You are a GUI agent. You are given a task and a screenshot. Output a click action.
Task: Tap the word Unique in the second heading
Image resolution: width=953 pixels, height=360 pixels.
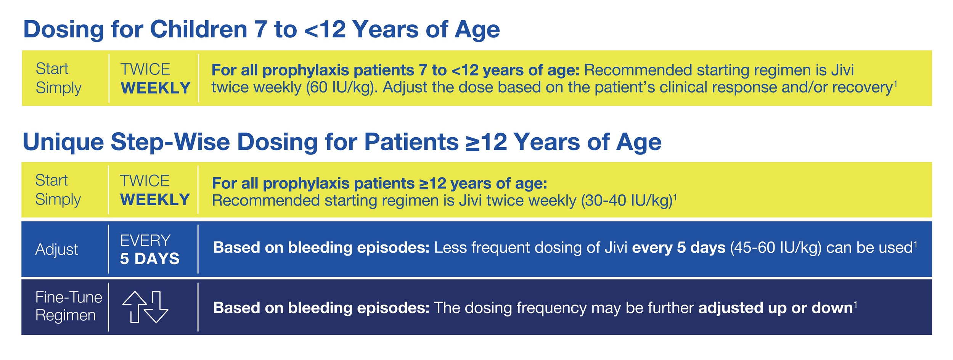coord(63,142)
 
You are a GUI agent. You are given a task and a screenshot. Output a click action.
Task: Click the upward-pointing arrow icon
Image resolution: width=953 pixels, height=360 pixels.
coord(134,307)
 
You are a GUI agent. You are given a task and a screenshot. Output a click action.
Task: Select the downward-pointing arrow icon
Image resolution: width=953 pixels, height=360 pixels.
coord(156,307)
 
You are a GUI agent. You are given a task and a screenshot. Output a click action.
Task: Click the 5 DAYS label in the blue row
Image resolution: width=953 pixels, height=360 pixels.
coord(149,259)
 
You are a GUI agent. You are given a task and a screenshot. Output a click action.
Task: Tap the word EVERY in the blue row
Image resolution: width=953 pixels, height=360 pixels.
coord(145,241)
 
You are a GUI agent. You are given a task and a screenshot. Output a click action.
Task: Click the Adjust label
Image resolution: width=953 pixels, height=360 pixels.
coord(56,250)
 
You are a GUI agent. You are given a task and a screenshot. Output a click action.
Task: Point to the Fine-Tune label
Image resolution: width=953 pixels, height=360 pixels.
coord(69,297)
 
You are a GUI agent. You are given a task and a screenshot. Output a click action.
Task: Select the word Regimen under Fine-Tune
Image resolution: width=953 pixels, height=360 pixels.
coord(65,316)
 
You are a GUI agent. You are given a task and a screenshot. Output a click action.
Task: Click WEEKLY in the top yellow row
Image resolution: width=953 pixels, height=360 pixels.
coord(155,88)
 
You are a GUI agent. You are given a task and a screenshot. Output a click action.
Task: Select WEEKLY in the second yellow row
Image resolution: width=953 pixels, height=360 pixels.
coord(155,200)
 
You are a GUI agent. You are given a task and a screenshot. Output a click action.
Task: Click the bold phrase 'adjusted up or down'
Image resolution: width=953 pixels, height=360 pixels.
coord(775,308)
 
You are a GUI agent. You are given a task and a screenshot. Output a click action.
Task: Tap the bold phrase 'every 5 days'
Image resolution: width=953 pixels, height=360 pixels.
coord(678,248)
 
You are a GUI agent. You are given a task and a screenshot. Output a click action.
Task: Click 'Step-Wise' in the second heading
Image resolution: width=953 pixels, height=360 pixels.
coord(170,142)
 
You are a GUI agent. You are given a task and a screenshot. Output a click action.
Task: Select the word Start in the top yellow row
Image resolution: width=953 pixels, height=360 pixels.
coord(52,69)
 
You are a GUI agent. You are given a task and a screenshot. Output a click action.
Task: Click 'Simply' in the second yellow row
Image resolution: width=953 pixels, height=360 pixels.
coord(58,200)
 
